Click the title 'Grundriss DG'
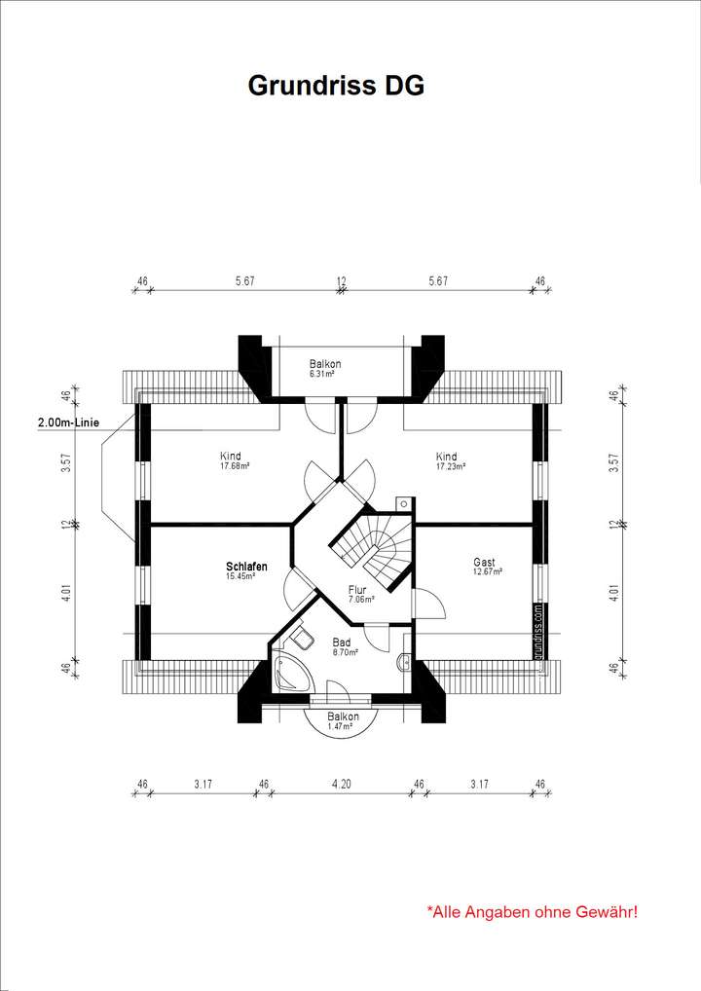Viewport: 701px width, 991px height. click(x=336, y=86)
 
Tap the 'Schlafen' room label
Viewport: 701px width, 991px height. click(x=246, y=566)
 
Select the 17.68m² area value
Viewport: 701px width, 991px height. click(x=235, y=466)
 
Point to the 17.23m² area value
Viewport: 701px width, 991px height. click(x=450, y=466)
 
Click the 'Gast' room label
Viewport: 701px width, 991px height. click(x=484, y=562)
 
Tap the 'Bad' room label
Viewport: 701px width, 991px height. click(x=341, y=642)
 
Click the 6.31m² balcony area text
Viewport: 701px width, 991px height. click(x=322, y=373)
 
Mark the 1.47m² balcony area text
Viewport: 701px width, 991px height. click(x=343, y=726)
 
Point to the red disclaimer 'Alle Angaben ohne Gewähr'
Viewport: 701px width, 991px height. click(x=533, y=912)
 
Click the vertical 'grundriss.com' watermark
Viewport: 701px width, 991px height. click(x=538, y=631)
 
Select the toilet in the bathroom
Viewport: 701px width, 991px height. click(x=303, y=639)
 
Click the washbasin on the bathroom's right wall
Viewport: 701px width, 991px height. click(x=405, y=662)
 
